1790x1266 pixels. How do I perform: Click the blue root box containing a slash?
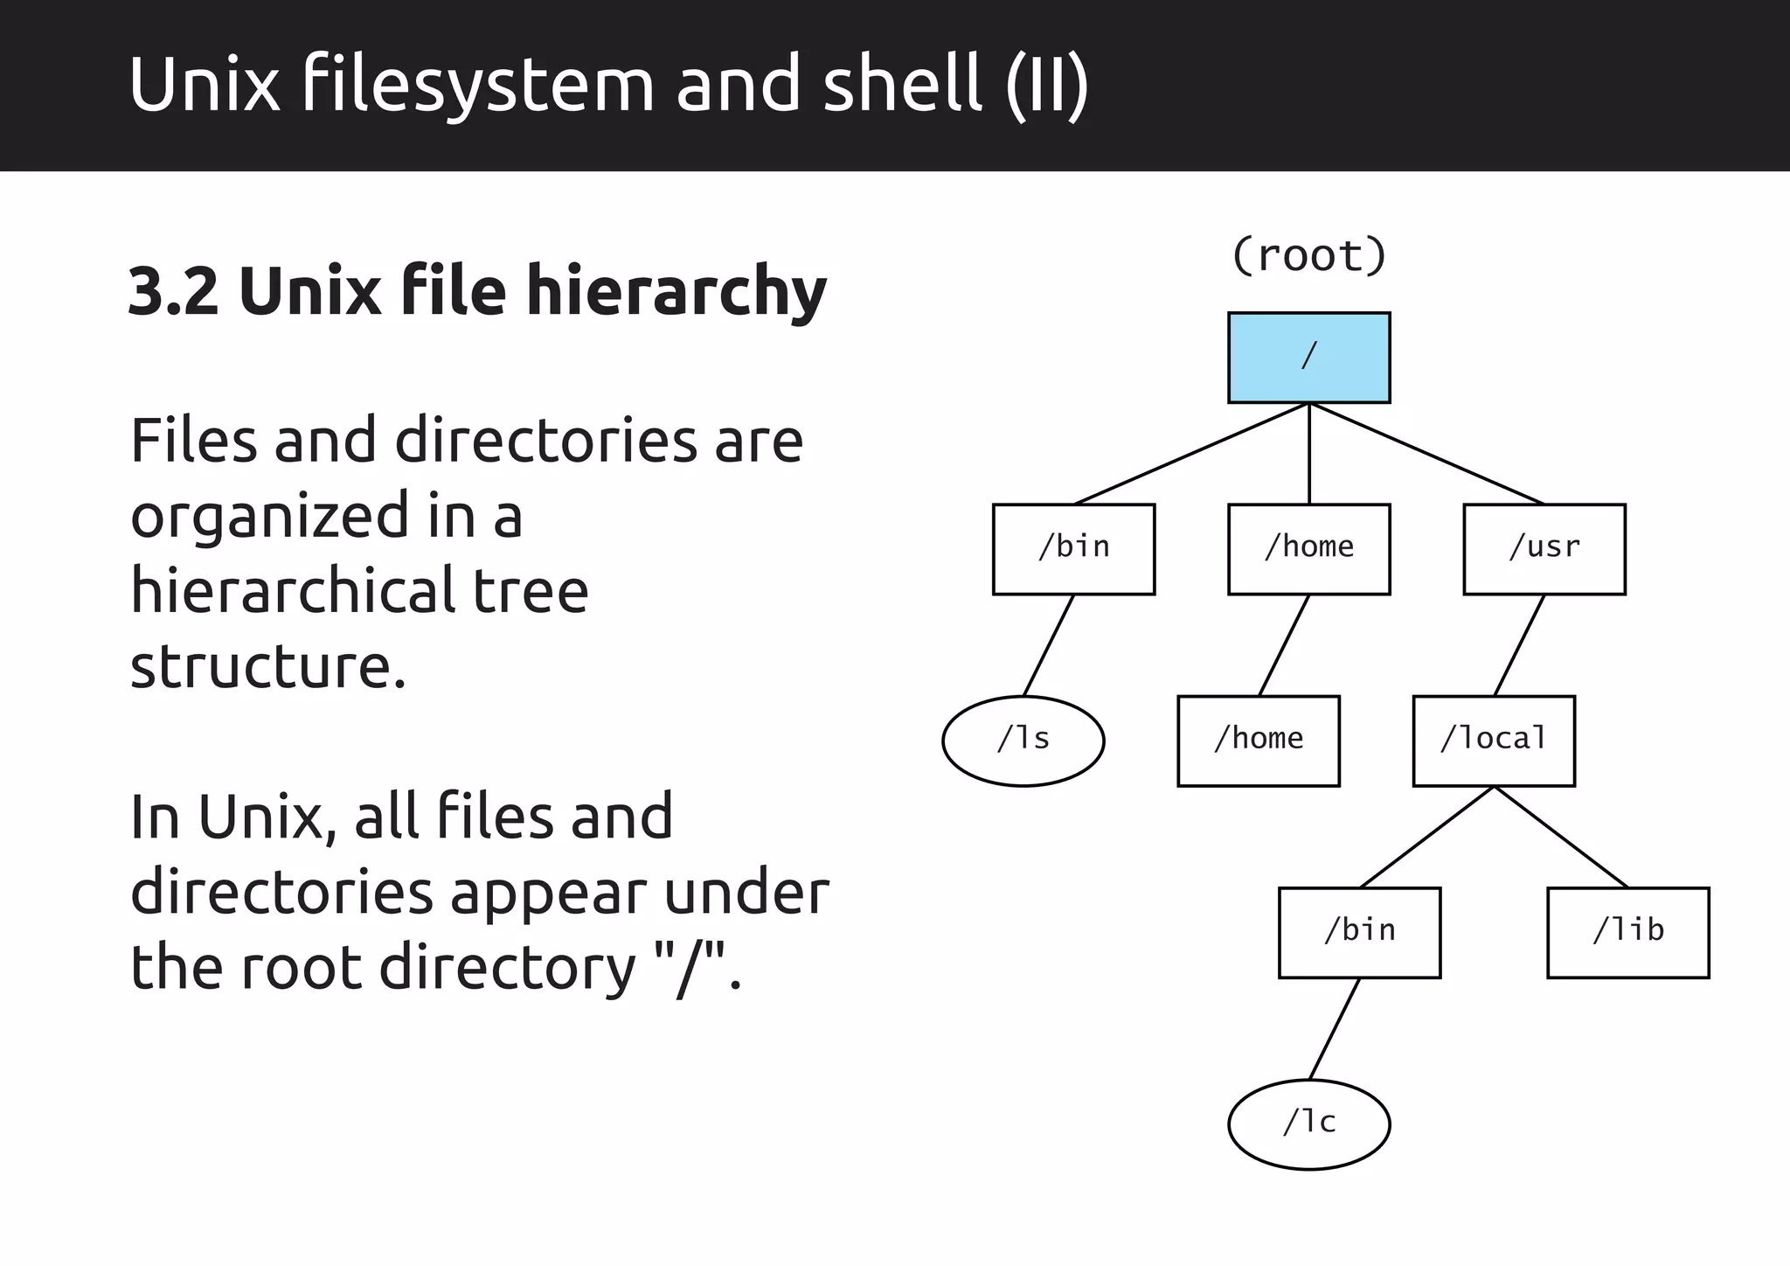point(1308,358)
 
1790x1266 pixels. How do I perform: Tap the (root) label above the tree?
point(1308,255)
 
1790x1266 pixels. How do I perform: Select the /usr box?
point(1544,549)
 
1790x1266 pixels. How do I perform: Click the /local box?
point(1494,741)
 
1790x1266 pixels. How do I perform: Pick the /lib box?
point(1627,932)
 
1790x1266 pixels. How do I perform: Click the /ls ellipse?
point(1023,741)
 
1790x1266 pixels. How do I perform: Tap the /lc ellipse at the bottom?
point(1308,1123)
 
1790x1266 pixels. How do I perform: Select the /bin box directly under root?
point(1073,549)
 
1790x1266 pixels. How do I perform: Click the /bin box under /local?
point(1359,932)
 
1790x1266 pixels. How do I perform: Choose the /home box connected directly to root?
point(1308,549)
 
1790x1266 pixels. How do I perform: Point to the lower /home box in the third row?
point(1258,741)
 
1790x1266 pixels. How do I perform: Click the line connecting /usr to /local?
point(1519,645)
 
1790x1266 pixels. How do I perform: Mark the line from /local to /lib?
point(1561,837)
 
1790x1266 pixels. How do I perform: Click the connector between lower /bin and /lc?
point(1334,1028)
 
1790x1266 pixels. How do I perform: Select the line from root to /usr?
point(1426,453)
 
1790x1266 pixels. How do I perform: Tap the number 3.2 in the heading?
point(173,291)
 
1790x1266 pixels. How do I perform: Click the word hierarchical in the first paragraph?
point(293,591)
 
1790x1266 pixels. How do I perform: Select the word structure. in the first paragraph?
point(267,666)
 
